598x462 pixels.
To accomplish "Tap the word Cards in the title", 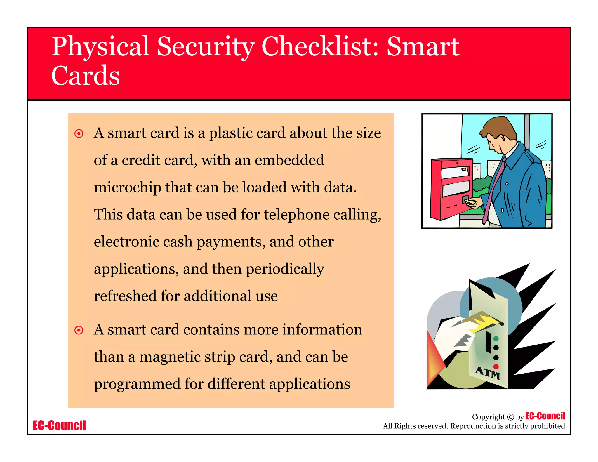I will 85,76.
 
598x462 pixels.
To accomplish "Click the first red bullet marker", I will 79,134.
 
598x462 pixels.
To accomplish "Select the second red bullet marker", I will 79,330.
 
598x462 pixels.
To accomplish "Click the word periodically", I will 285,269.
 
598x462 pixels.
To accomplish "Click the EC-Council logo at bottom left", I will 59,425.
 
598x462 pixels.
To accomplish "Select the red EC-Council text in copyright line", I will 545,416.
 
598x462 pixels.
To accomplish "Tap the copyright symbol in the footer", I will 510,417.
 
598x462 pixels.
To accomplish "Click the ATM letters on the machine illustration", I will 487,373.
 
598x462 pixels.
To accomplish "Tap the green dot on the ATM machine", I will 496,339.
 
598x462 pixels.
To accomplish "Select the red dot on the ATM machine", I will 496,367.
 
